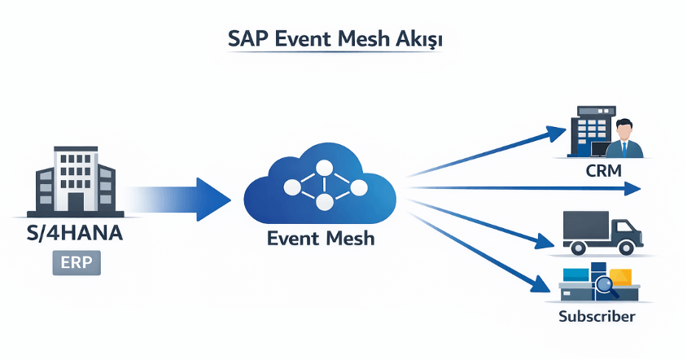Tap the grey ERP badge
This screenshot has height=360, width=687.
point(76,263)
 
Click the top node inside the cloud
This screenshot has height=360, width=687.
point(324,169)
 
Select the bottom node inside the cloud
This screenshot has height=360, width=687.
point(324,204)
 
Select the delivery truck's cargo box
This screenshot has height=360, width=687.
point(585,227)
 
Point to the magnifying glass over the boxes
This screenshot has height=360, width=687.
point(604,286)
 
